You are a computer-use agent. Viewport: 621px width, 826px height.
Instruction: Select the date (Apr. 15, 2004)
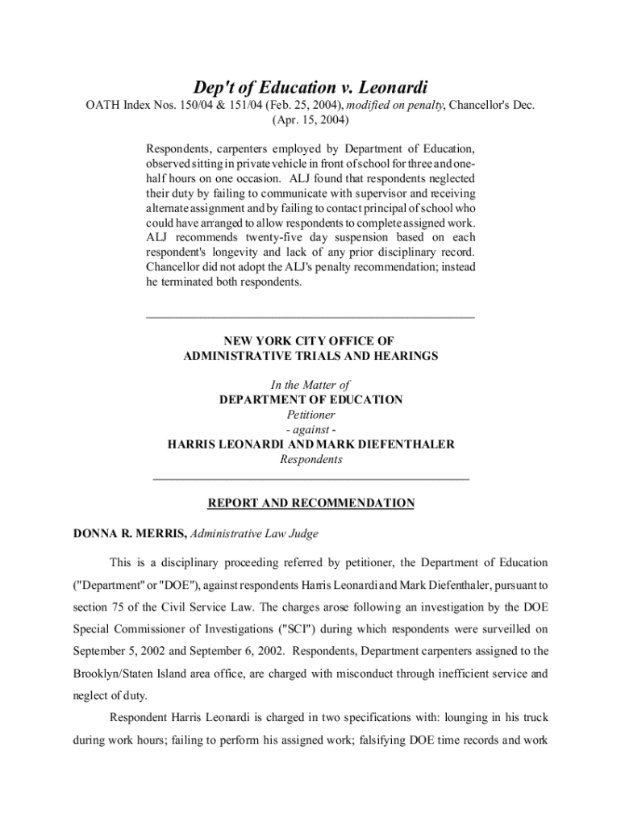point(310,121)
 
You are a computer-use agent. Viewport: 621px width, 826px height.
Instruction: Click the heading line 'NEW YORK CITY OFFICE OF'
point(310,341)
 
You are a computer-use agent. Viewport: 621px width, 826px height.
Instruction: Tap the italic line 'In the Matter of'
point(310,385)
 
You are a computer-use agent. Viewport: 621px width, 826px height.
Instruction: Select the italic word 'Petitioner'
point(310,415)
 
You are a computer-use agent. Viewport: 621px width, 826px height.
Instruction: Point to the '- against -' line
point(310,430)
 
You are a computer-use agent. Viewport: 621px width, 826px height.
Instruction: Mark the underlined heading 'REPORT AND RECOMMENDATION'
point(310,503)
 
